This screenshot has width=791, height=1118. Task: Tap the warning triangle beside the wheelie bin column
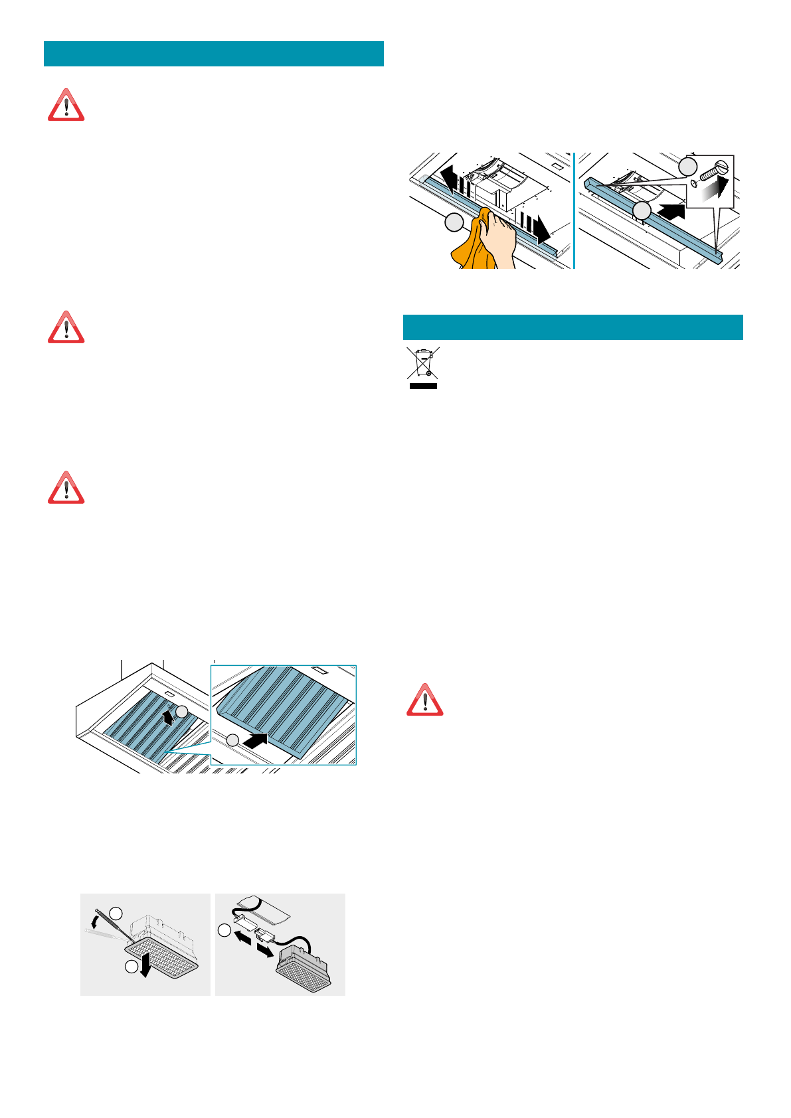pos(425,700)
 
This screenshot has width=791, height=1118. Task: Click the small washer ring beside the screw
pos(694,183)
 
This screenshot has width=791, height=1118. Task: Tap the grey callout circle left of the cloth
pos(454,223)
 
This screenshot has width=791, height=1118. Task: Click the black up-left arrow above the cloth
pos(451,181)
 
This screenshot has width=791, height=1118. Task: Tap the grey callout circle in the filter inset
pos(232,740)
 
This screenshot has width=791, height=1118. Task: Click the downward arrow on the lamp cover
pos(146,968)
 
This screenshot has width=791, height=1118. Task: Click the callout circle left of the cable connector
pos(224,931)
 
